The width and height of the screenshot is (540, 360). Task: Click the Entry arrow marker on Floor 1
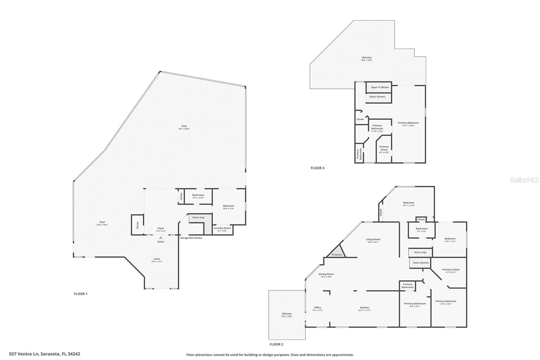(x=161, y=238)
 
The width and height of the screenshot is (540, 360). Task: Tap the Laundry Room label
(x=222, y=228)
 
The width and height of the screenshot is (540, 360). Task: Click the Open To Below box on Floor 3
(x=380, y=87)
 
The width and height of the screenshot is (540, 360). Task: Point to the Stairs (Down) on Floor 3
(x=377, y=97)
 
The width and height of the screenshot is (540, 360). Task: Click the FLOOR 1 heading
(x=81, y=294)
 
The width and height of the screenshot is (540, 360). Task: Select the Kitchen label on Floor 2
(x=364, y=308)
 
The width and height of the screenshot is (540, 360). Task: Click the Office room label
(x=318, y=308)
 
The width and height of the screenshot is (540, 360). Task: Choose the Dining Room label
(x=326, y=274)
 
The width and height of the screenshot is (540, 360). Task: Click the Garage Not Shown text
(x=191, y=238)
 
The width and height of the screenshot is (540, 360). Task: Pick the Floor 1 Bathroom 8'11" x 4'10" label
(x=198, y=195)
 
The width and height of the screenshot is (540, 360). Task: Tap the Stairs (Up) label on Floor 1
(x=198, y=217)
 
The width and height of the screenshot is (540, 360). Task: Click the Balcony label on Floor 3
(x=367, y=58)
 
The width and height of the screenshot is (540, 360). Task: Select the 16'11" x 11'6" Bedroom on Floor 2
(x=408, y=203)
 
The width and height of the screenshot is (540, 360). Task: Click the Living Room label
(x=373, y=239)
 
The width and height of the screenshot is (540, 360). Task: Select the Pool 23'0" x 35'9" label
(x=102, y=222)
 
